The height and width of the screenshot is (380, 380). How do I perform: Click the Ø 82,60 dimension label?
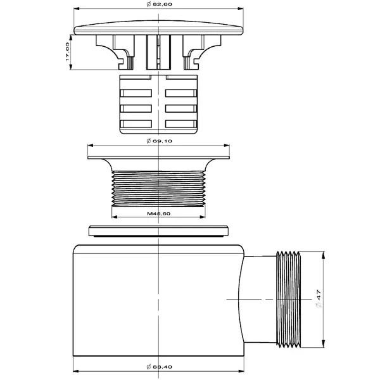159,4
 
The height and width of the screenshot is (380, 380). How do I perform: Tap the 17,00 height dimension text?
67,52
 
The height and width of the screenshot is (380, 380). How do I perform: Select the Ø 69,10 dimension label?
159,141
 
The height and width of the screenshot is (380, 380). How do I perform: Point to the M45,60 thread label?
159,213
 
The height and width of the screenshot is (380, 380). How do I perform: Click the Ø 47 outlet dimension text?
319,298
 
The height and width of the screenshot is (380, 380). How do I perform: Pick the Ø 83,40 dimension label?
159,367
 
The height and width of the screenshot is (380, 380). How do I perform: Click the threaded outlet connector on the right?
288,300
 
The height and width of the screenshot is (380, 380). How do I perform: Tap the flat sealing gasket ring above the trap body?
158,231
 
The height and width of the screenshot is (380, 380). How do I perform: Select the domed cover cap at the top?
158,28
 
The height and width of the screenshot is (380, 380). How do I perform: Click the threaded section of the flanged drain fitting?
158,189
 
